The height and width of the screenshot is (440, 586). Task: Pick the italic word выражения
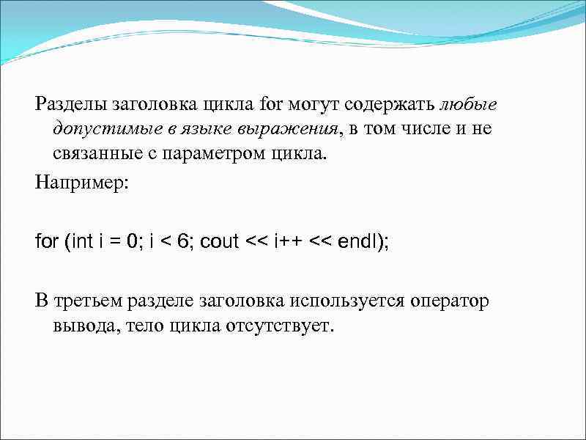pyautogui.click(x=288, y=129)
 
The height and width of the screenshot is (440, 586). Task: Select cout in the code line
pyautogui.click(x=219, y=241)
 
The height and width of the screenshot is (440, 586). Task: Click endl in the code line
pyautogui.click(x=357, y=241)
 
